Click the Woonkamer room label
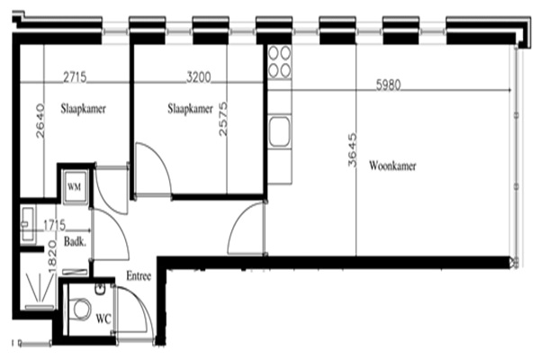pyautogui.click(x=392, y=166)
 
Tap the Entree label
pyautogui.click(x=139, y=275)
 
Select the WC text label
pyautogui.click(x=103, y=319)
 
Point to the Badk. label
pyautogui.click(x=75, y=241)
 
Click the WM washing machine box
pyautogui.click(x=75, y=186)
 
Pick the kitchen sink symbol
pyautogui.click(x=280, y=132)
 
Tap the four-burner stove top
pyautogui.click(x=279, y=62)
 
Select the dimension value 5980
pyautogui.click(x=389, y=85)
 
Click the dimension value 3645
pyautogui.click(x=352, y=150)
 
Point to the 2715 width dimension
pyautogui.click(x=75, y=76)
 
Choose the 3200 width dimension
pyautogui.click(x=198, y=76)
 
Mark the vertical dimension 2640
pyautogui.click(x=40, y=121)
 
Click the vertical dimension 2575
pyautogui.click(x=223, y=119)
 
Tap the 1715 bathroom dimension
pyautogui.click(x=54, y=225)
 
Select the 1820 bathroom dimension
pyautogui.click(x=51, y=256)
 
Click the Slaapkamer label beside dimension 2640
pyautogui.click(x=84, y=109)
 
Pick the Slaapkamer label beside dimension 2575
pyautogui.click(x=190, y=109)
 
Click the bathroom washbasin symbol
pyautogui.click(x=28, y=225)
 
